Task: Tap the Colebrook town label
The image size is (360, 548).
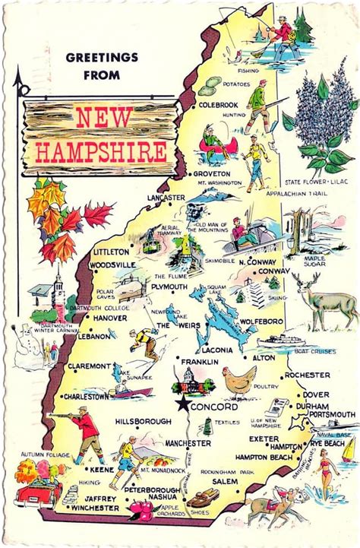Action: point(219,105)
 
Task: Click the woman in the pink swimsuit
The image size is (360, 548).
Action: point(327,470)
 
